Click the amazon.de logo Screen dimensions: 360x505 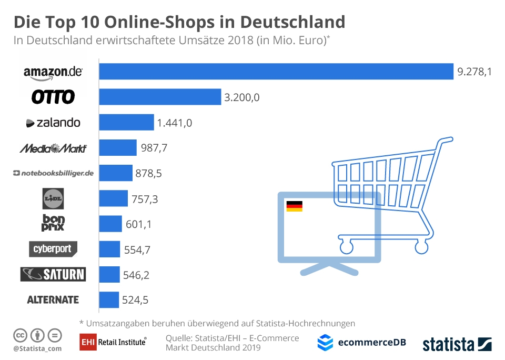[53, 72]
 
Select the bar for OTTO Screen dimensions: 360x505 [160, 97]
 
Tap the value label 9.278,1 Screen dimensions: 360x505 [474, 72]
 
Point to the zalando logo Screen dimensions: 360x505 [53, 123]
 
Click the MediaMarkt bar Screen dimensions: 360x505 [118, 148]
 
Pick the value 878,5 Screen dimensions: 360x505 [149, 173]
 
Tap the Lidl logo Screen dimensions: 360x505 [53, 198]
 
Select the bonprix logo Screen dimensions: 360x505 [53, 223]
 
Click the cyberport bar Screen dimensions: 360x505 [109, 249]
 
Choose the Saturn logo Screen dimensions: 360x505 [53, 274]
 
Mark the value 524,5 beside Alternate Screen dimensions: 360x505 [135, 301]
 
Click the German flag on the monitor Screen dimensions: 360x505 [294, 206]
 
